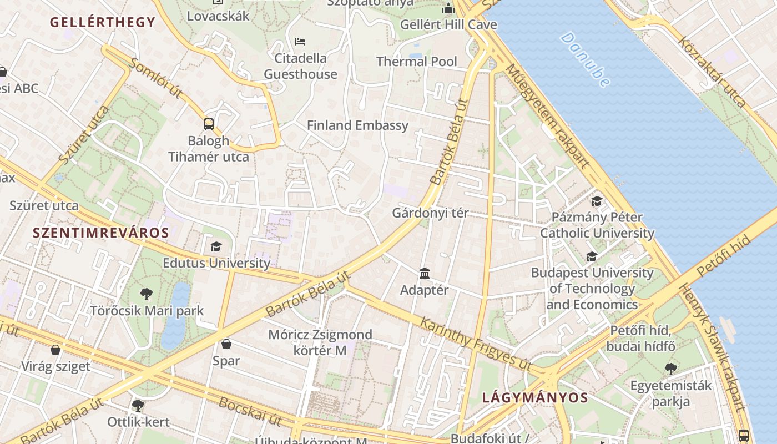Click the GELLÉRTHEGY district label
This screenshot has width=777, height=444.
point(103,22)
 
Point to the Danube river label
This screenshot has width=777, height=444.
point(585,59)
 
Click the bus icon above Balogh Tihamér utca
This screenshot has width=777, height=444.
point(209,124)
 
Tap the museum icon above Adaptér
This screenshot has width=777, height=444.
point(425,273)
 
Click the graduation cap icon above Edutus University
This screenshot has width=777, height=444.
point(216,246)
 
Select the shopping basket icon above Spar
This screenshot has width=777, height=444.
point(226,344)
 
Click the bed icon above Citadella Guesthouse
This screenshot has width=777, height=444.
point(300,42)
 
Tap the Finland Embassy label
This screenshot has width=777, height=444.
point(357,125)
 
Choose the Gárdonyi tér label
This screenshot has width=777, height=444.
point(430,213)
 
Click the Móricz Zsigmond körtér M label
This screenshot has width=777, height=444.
point(320,342)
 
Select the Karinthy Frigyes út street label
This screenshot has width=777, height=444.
point(475,344)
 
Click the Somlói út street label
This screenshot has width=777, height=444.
point(155,78)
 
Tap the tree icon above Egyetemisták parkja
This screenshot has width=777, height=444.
point(671,369)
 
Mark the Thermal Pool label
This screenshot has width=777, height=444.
point(417,62)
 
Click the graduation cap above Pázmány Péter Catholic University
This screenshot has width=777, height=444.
point(597,201)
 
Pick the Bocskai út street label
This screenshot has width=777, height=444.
point(250,411)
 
